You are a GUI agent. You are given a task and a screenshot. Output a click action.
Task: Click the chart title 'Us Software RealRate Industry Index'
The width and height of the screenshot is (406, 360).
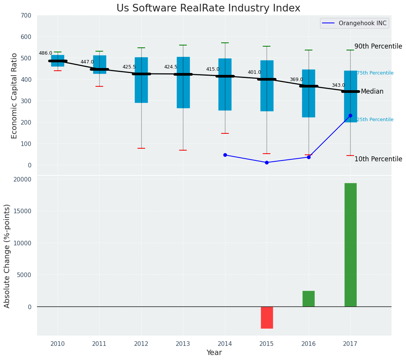(x=208, y=8)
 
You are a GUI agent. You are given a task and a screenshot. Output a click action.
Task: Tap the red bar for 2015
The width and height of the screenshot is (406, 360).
(x=267, y=317)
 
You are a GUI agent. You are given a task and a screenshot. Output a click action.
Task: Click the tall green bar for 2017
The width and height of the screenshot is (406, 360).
(x=350, y=245)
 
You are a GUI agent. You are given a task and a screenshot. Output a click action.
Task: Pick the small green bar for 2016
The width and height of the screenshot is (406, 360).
(x=309, y=298)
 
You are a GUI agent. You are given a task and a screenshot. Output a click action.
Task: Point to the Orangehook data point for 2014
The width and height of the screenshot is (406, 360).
(x=225, y=155)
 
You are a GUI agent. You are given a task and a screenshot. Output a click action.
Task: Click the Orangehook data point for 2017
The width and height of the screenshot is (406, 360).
(x=350, y=115)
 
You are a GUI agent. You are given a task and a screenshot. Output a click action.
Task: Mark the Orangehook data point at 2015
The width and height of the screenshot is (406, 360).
(x=267, y=162)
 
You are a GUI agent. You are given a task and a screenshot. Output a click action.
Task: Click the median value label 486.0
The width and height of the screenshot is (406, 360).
(x=45, y=53)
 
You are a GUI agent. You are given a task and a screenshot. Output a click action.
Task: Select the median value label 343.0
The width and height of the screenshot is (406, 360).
(x=338, y=85)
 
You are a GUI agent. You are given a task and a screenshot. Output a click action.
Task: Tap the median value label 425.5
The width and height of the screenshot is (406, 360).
(x=129, y=67)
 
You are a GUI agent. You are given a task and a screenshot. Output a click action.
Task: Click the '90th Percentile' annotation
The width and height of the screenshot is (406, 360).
(x=378, y=46)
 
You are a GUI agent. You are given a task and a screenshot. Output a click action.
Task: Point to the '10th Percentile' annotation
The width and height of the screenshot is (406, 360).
(x=378, y=159)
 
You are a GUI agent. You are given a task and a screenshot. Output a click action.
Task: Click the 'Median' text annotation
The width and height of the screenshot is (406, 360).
(x=372, y=91)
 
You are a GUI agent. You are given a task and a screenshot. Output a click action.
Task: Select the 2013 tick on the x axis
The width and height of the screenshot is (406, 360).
(x=183, y=344)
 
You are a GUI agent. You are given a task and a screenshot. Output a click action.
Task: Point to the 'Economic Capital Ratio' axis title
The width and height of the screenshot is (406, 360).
(x=15, y=96)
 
